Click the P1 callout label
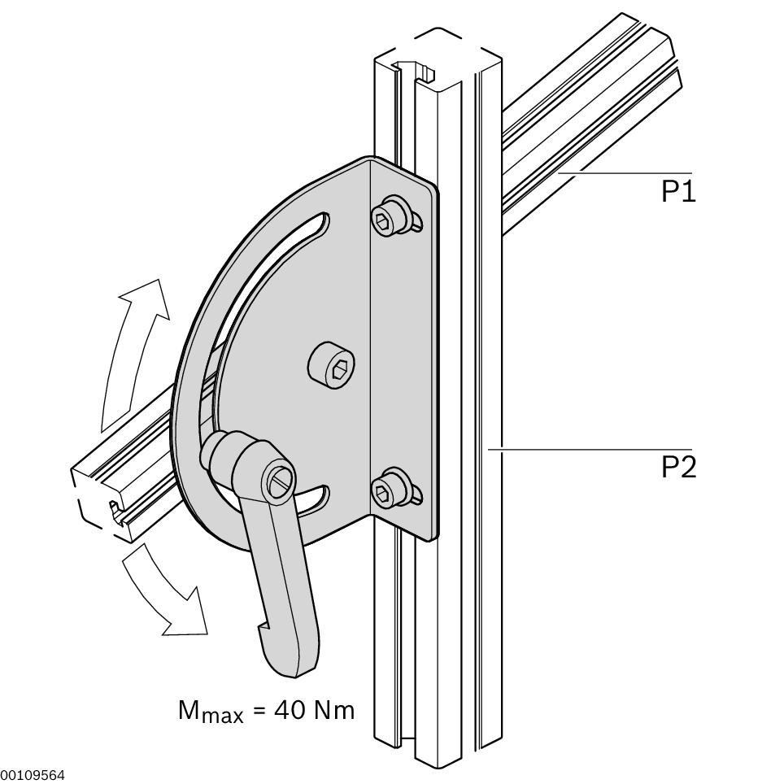pos(678,191)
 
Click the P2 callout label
pos(678,468)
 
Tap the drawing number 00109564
pos(33,776)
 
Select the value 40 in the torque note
pos(289,710)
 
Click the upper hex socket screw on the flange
pos(395,218)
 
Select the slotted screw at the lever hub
pos(278,482)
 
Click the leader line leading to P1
pos(625,172)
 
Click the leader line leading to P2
pos(590,450)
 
